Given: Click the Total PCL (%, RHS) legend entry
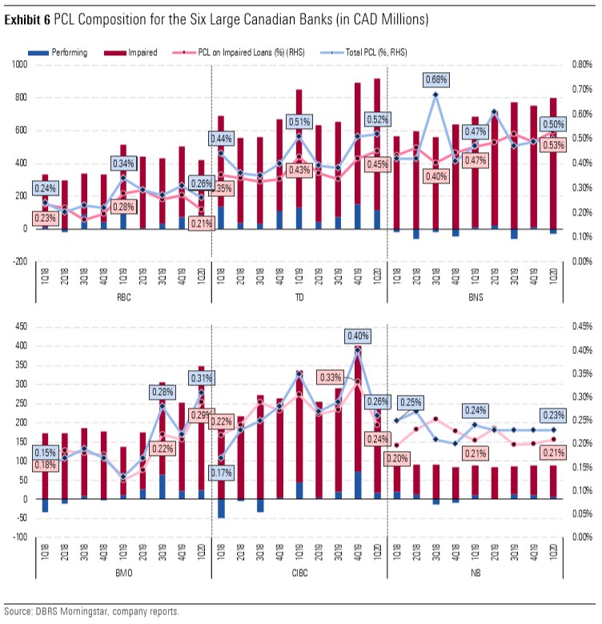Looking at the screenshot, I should (x=374, y=52).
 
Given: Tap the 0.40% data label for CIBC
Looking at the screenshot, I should (x=358, y=336).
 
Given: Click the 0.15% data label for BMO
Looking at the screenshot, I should (x=46, y=452).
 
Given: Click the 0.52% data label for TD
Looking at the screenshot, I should (x=376, y=119).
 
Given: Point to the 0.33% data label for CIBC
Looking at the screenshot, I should (x=330, y=376).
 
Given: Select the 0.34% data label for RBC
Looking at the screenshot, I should (x=122, y=164).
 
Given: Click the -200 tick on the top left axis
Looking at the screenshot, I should (x=17, y=261).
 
